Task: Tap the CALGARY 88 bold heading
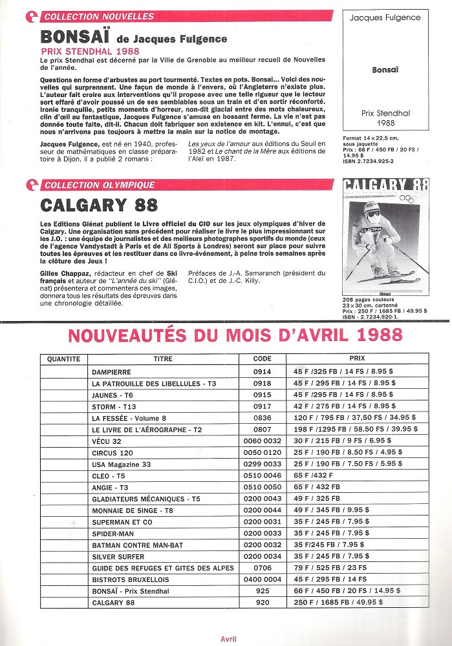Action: (98, 205)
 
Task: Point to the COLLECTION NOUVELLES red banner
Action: (99, 16)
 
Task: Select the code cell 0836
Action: (262, 418)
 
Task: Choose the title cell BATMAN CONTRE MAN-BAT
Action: (129, 545)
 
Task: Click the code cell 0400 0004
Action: (262, 579)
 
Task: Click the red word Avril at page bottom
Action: (228, 639)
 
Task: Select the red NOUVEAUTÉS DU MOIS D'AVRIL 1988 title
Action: (235, 335)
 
